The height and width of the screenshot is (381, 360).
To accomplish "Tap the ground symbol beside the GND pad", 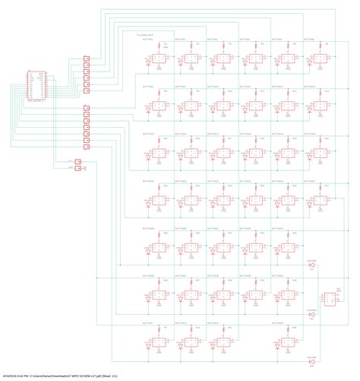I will point(84,169).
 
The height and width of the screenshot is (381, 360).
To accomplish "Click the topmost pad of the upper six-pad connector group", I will point(86,59).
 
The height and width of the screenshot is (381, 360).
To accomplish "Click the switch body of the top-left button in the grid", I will point(159,59).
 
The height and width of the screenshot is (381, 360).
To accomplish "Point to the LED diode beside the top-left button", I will point(148,66).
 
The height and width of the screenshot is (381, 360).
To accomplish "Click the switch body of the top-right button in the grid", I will point(321,59).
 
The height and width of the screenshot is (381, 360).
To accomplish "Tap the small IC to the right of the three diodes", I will point(330,300).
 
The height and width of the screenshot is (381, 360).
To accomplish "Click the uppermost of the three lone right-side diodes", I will point(311,265).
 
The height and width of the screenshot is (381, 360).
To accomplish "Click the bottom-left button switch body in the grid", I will point(159,342).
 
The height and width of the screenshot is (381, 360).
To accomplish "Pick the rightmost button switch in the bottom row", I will point(288,342).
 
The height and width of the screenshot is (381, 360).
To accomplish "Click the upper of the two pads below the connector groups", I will point(77,161).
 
